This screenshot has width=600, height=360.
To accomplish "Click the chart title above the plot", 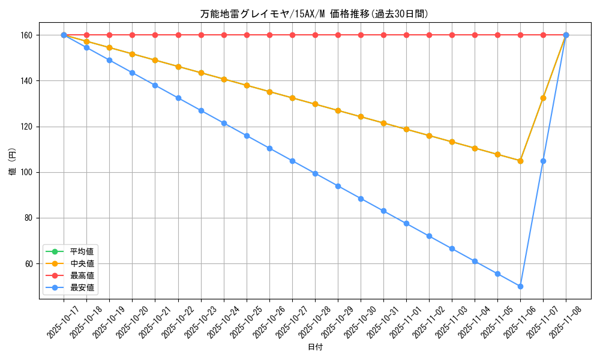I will coord(314,14).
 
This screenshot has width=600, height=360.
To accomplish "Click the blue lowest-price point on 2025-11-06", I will coord(520,286).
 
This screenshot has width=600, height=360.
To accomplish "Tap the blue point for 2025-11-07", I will coord(543,161).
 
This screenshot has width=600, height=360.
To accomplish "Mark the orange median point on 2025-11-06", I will coord(520,161).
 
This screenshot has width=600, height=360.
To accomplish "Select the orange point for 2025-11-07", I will coord(543,98).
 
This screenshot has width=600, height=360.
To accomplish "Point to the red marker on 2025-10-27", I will coord(292,35).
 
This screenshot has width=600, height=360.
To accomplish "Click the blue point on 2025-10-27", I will coord(292,161).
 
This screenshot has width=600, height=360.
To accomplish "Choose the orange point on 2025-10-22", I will coord(178,67).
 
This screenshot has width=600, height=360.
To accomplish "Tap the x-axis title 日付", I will coord(315,347).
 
